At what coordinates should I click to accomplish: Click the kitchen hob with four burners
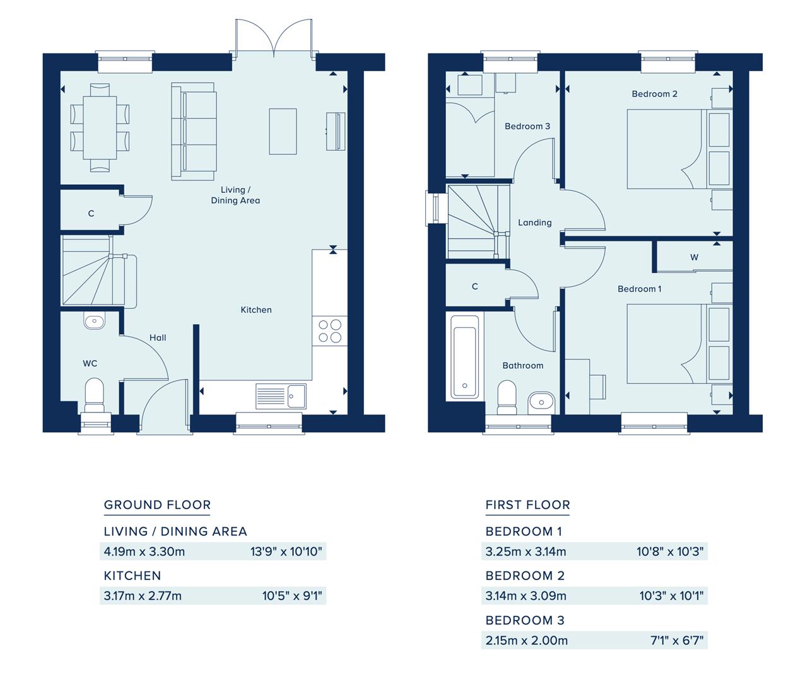click(330, 331)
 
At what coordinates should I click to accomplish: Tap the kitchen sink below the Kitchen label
click(281, 397)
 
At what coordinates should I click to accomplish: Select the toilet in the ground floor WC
click(94, 395)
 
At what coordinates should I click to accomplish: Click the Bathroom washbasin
click(541, 400)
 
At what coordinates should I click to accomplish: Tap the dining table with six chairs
click(100, 126)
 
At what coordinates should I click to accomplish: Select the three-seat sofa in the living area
click(194, 131)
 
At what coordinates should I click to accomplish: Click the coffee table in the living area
click(283, 131)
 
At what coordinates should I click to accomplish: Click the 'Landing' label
click(534, 223)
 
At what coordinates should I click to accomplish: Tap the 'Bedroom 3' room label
click(527, 126)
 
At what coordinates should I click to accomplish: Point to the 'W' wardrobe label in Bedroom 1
click(694, 257)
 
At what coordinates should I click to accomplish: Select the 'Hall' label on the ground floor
click(158, 337)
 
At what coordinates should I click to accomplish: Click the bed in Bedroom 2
click(664, 149)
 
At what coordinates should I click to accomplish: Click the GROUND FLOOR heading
click(157, 504)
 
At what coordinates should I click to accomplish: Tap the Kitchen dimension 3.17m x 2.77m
click(143, 596)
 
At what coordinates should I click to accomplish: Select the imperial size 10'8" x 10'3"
click(670, 552)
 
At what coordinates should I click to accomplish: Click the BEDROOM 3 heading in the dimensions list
click(524, 620)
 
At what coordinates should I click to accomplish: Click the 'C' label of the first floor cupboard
click(474, 286)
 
